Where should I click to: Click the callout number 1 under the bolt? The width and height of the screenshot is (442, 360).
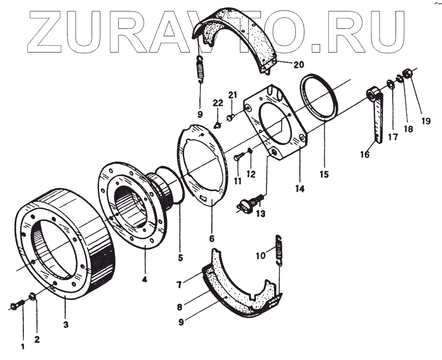(x=22, y=346)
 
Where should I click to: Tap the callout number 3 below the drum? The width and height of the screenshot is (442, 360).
(x=65, y=325)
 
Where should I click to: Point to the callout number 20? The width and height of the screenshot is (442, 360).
(x=298, y=65)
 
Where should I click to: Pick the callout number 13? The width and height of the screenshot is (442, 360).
(x=261, y=213)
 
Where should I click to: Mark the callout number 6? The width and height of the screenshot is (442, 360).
(x=212, y=239)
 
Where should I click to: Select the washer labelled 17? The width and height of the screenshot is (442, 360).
(x=390, y=84)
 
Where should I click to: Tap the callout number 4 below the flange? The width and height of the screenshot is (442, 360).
(x=145, y=279)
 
